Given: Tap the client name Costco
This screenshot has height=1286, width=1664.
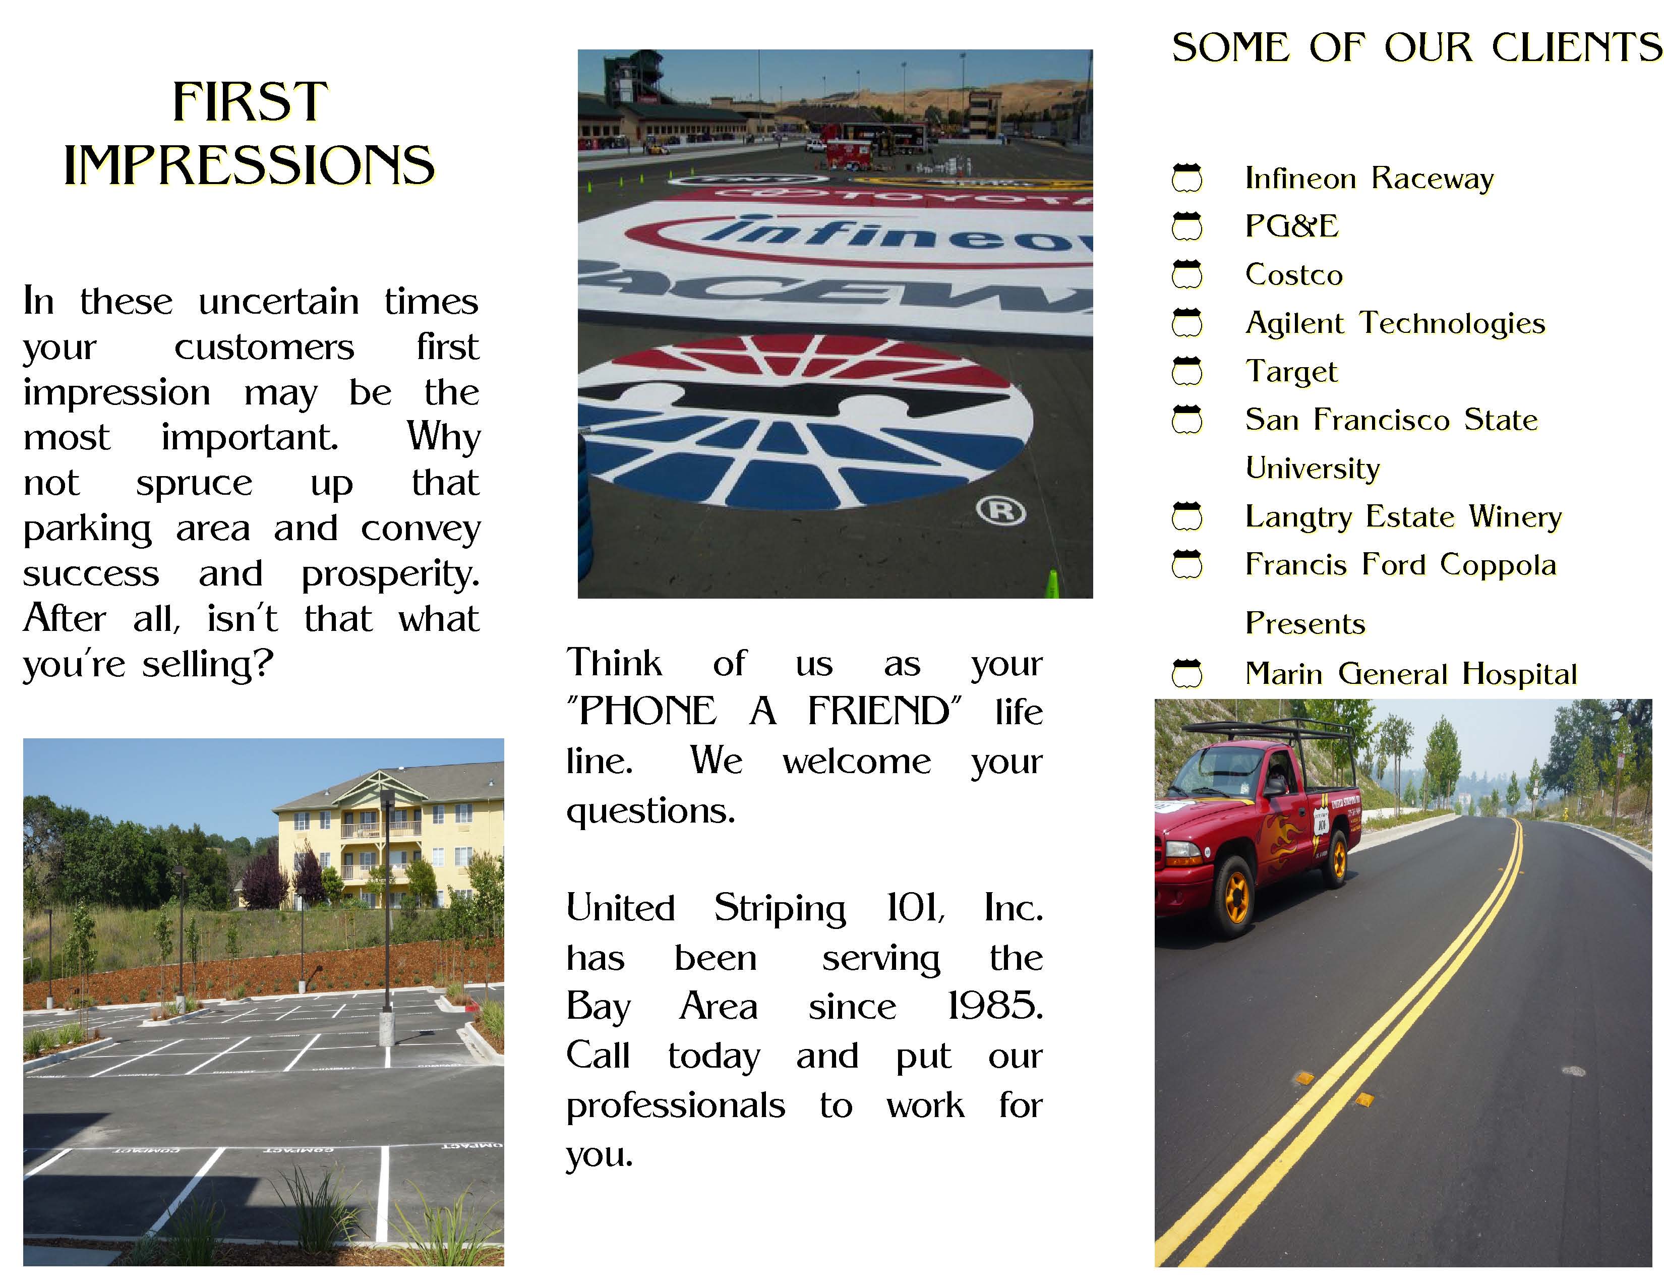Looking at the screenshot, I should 1294,275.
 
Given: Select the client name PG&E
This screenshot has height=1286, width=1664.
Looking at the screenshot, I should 1291,226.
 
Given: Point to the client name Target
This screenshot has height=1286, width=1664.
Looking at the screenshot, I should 1291,372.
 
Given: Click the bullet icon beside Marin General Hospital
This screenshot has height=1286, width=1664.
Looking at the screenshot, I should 1186,673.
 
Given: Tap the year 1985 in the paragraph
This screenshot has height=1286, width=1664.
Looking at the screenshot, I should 994,1007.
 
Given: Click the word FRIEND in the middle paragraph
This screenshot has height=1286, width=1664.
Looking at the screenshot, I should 878,712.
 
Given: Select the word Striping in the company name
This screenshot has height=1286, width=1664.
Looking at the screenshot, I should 780,909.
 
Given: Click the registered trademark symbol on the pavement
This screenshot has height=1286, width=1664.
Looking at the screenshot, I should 1001,510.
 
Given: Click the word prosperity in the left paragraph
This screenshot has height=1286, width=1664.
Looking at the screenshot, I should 390,574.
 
